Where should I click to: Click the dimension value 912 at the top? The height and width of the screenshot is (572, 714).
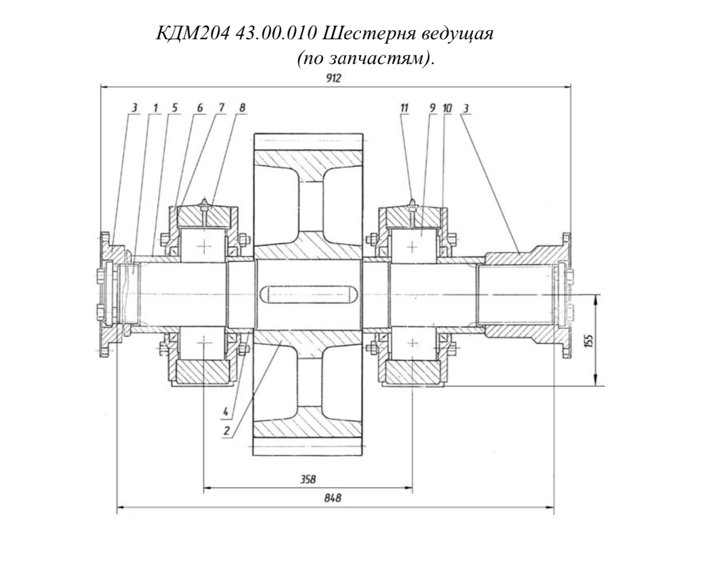[333, 78]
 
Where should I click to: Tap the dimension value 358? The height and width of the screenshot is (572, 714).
[308, 479]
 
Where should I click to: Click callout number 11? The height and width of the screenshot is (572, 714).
[404, 108]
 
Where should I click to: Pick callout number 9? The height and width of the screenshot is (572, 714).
[432, 108]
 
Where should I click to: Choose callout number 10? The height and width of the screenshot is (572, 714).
[447, 108]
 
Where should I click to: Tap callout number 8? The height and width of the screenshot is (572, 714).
[242, 108]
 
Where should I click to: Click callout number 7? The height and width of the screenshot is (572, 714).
[221, 108]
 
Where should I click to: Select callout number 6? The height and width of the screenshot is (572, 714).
[200, 108]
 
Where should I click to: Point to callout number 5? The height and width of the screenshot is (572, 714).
[174, 108]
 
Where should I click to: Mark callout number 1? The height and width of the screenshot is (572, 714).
[155, 108]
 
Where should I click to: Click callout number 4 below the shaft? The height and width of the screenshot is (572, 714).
[226, 412]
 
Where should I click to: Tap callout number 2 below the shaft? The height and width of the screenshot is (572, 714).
[227, 431]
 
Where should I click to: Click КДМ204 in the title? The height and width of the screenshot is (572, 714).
[193, 34]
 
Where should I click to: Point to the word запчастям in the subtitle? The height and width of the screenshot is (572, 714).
[376, 59]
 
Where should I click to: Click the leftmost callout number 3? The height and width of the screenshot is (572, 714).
[135, 108]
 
